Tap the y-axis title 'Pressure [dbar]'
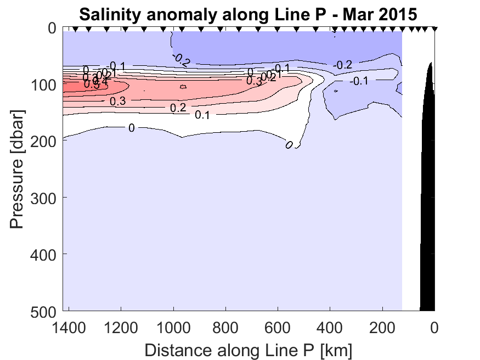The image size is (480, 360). tap(18, 170)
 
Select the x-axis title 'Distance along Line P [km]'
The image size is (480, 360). tap(249, 349)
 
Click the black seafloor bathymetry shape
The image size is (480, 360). tap(428, 220)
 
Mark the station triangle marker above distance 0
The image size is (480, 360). tap(434, 29)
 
